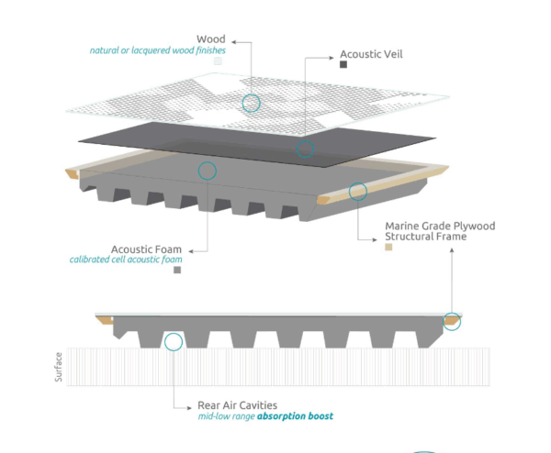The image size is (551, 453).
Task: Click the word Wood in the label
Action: point(211,39)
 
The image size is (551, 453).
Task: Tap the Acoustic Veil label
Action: point(371,54)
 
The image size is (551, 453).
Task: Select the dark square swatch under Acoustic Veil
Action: point(343,65)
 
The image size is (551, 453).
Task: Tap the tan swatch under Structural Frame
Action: point(389,247)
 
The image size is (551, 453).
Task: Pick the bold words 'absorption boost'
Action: point(296,416)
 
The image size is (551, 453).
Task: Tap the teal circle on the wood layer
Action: point(251,103)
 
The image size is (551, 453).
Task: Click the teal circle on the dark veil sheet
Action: point(305,149)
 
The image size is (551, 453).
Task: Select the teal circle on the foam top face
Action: point(208,170)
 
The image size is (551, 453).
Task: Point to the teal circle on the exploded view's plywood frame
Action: point(357,192)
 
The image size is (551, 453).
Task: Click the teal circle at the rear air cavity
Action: point(173,342)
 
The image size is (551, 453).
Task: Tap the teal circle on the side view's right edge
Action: point(452,320)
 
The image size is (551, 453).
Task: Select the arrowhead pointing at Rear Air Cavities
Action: point(187,404)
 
